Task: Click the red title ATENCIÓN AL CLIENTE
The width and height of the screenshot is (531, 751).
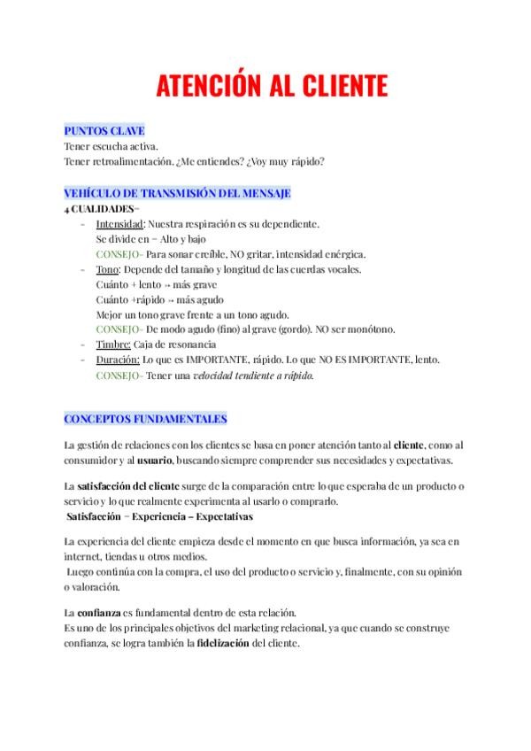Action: click(272, 86)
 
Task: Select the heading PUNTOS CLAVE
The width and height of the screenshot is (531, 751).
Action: click(104, 131)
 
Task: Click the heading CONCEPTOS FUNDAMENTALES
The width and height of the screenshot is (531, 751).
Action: click(146, 419)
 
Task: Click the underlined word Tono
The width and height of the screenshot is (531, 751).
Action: click(107, 269)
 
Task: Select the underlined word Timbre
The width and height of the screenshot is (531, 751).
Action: click(113, 344)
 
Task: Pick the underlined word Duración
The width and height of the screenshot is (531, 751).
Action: click(118, 360)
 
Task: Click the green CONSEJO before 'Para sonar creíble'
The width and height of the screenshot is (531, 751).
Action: click(119, 254)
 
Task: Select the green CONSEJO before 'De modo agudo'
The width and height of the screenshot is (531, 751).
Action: click(119, 329)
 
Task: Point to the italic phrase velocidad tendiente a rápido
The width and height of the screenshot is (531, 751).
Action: click(253, 375)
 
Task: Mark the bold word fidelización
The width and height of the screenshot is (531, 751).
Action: click(223, 643)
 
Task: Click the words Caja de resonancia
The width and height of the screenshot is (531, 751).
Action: click(181, 344)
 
